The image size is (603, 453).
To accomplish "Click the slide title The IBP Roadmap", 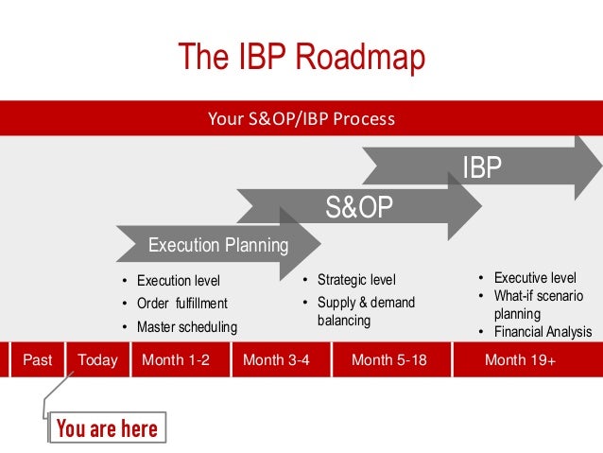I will click(301, 59).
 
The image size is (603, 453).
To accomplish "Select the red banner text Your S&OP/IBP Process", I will click(301, 119).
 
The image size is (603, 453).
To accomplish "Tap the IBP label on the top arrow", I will click(481, 168).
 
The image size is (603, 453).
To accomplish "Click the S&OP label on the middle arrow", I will click(359, 207).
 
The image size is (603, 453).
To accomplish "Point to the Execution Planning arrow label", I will click(218, 246).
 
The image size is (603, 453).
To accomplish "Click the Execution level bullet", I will click(178, 281).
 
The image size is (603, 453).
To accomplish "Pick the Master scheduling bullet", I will click(186, 326).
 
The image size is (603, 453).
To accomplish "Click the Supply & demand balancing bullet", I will click(365, 311).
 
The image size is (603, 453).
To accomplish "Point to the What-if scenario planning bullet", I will click(537, 305).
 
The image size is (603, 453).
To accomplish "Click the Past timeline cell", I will click(37, 359).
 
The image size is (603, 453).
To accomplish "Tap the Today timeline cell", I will click(97, 359).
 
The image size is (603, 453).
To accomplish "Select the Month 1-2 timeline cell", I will click(175, 359).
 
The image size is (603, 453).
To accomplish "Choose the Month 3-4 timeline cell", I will click(276, 359).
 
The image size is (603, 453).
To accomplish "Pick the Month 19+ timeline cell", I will click(520, 359).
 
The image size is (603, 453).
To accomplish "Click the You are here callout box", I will click(107, 428).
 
